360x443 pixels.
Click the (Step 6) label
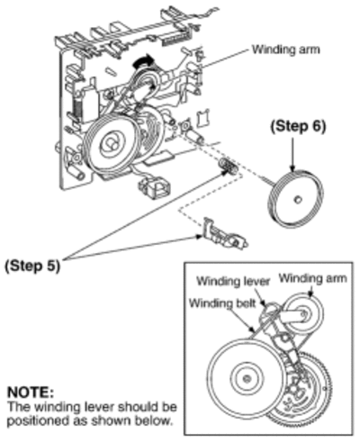(x=298, y=127)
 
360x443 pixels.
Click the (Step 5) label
(x=32, y=266)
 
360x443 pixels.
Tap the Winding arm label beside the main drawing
(x=285, y=50)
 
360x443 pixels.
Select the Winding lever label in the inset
(x=233, y=281)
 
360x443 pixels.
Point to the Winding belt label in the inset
(x=222, y=303)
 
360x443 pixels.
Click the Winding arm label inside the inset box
(x=312, y=278)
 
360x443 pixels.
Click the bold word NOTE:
(x=31, y=393)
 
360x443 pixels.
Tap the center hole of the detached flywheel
(x=297, y=199)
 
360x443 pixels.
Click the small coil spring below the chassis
(x=229, y=166)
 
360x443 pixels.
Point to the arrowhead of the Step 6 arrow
(x=292, y=169)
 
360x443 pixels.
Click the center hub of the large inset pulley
(x=247, y=379)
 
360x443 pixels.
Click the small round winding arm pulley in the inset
(x=303, y=314)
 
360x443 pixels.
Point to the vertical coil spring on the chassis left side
(x=76, y=109)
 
